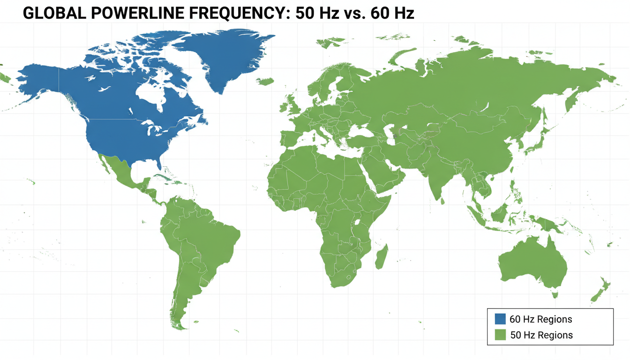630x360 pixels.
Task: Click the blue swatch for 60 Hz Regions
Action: pyautogui.click(x=501, y=319)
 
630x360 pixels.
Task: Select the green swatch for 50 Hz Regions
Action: pyautogui.click(x=501, y=335)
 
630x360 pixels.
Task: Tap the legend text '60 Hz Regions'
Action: pyautogui.click(x=540, y=319)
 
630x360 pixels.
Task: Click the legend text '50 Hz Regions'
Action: pyautogui.click(x=541, y=335)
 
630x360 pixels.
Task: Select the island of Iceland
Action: pyautogui.click(x=265, y=81)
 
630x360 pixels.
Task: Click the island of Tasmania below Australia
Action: pyautogui.click(x=555, y=294)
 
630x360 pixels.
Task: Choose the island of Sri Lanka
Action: pyautogui.click(x=443, y=201)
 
